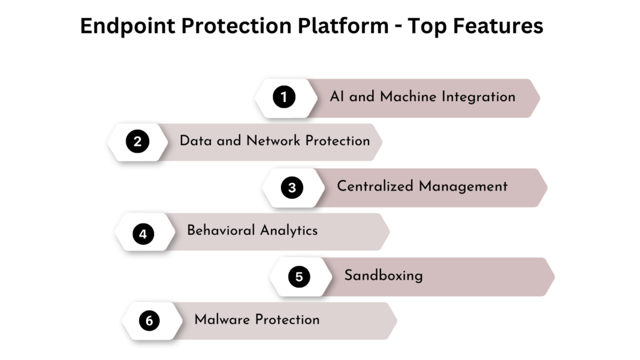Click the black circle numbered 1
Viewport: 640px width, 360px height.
[x=284, y=97]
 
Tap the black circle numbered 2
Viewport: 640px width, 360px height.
[x=137, y=142]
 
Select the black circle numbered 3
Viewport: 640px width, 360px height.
[x=292, y=187]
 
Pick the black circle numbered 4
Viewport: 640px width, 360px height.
[x=143, y=233]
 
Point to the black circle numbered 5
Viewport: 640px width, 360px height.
[x=299, y=277]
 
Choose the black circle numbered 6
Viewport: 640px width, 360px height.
[x=149, y=321]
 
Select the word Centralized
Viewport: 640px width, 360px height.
[x=375, y=186]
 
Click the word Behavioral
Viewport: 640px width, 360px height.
[x=221, y=230]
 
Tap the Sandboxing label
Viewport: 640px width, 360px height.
[x=383, y=276]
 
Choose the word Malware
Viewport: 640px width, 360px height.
[x=222, y=319]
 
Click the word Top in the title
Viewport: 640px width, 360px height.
[x=428, y=26]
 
